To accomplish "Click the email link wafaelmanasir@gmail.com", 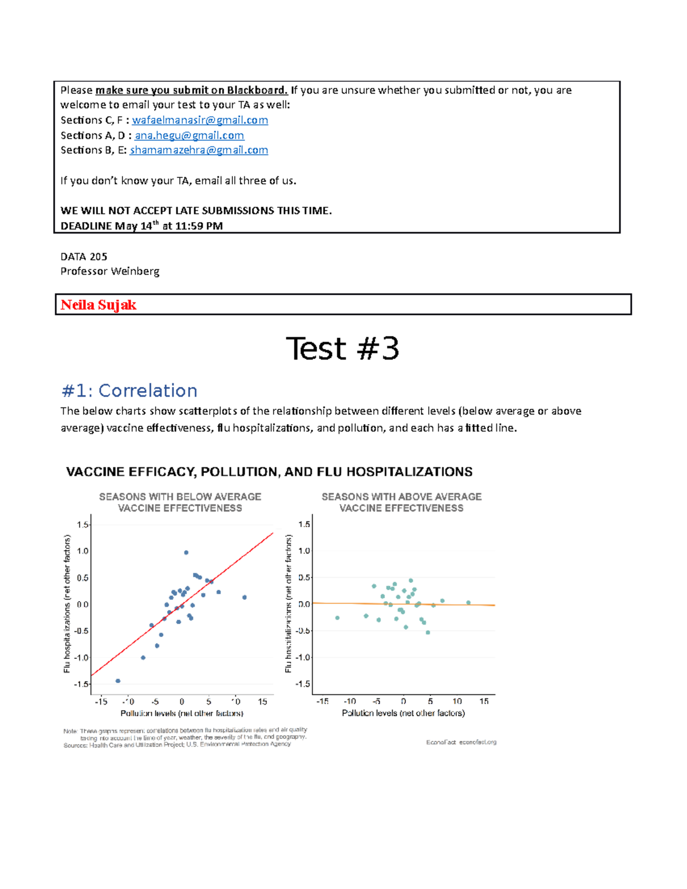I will pos(200,120).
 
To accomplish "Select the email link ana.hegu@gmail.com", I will pos(189,136).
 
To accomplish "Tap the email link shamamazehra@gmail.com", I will pos(199,150).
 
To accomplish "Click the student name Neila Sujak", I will pos(98,305).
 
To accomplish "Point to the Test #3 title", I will pos(342,349).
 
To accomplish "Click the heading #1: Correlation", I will pos(129,391).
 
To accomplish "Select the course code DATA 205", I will pos(84,256).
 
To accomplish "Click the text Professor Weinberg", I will pos(110,271).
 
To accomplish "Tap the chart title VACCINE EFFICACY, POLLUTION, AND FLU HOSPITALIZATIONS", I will pos(269,472).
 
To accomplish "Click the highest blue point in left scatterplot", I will pos(186,552).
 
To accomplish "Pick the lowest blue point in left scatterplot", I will pos(118,681).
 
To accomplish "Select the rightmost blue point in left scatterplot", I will pos(244,597).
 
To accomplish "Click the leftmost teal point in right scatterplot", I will pos(337,618).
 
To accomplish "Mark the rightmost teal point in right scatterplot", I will pos(468,603).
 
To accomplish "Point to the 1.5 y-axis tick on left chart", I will pos(82,524).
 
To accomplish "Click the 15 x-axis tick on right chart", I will pos(484,701).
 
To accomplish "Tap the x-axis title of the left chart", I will pos(182,713).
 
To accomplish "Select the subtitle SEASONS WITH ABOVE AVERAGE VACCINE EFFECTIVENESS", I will pos(401,502).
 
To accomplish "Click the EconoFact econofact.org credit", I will pos(461,742).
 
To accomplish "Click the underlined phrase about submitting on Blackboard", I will pos(191,90).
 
